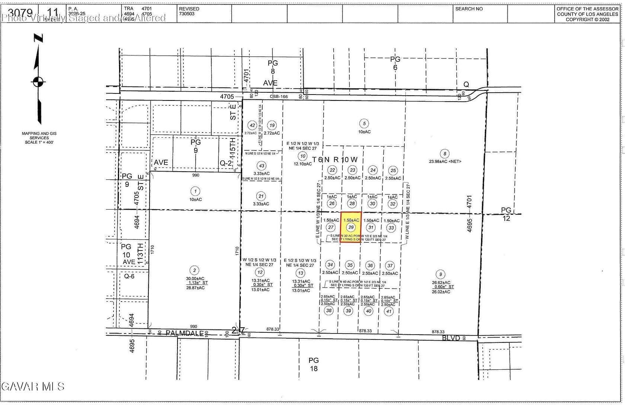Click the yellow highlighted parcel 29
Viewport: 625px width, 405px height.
point(350,227)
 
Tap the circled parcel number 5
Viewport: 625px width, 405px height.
point(364,124)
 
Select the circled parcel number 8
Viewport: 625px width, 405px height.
point(444,153)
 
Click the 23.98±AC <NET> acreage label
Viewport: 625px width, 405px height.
point(445,161)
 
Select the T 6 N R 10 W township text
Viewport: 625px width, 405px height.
point(334,160)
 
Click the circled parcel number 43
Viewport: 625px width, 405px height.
point(262,166)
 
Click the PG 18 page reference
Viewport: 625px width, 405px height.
point(314,364)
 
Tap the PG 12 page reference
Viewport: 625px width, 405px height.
point(506,214)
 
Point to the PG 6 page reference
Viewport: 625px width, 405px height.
point(395,63)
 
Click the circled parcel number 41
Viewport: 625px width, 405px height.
point(389,311)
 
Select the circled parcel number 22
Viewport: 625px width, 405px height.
point(332,170)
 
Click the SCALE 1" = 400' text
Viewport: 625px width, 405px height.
point(39,142)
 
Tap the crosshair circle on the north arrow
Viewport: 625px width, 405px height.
point(38,82)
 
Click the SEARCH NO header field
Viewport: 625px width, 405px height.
point(469,9)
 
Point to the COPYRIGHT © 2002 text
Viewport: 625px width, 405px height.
point(587,19)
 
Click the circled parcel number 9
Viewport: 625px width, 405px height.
point(440,275)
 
